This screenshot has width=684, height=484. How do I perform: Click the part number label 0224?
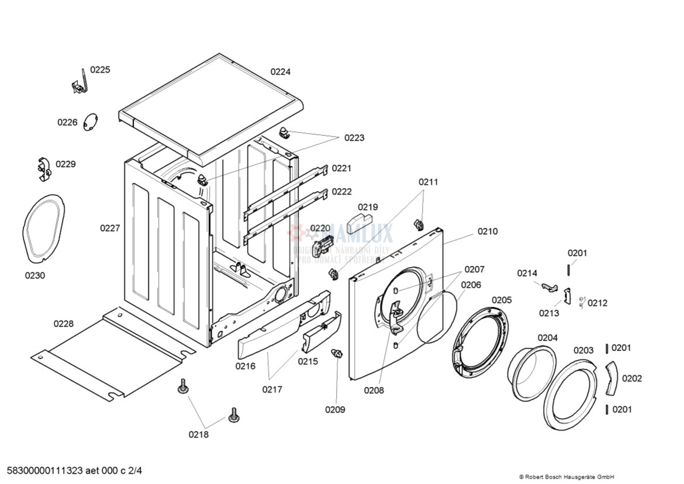pyautogui.click(x=280, y=72)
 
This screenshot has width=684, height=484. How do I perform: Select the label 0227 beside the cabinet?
pyautogui.click(x=110, y=228)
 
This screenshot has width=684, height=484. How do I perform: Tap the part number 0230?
pyautogui.click(x=34, y=275)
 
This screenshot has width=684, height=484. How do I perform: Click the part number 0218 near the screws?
pyautogui.click(x=198, y=434)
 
